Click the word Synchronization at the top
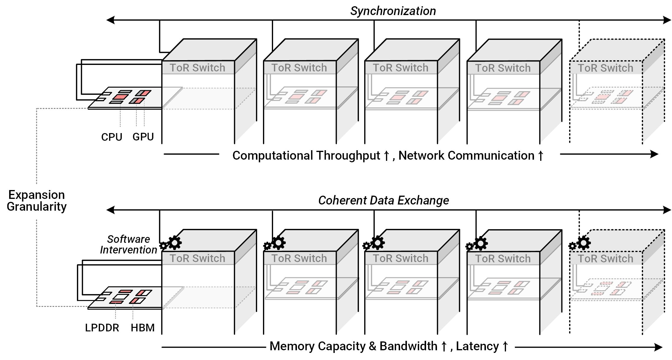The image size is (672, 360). (x=393, y=11)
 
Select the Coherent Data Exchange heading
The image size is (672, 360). (x=383, y=200)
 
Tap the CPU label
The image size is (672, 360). (x=111, y=137)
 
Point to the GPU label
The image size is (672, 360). (x=143, y=137)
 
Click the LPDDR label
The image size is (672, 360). (x=102, y=328)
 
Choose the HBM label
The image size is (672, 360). (x=143, y=328)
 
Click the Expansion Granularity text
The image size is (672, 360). (x=37, y=201)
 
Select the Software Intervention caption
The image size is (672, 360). (x=128, y=244)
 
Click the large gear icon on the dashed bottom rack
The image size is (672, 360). (x=584, y=243)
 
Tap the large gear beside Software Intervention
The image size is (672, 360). (x=175, y=243)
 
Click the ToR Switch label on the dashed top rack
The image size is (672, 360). (x=605, y=68)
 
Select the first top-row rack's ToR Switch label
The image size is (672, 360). (x=197, y=68)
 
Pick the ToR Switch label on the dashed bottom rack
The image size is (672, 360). (x=605, y=259)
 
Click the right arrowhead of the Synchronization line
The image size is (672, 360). (x=667, y=20)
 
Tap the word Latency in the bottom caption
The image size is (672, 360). (x=477, y=346)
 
